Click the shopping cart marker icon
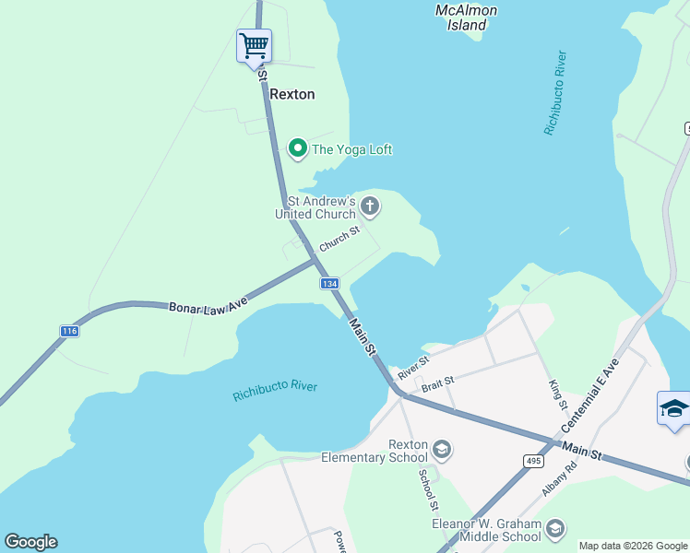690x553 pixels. coord(254,44)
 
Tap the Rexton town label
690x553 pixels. coord(291,94)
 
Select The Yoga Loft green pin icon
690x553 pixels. coord(297,148)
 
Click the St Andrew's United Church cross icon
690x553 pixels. coord(369,206)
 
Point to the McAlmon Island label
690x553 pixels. coord(466,18)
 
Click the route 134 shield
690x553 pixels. coord(330,283)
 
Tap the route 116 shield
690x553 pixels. coord(68,331)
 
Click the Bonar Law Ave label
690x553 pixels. coord(208,303)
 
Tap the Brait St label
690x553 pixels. coord(437,381)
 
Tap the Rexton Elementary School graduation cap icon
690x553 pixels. coord(442,450)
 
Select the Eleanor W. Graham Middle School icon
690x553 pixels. coord(554,529)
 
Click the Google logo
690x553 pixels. coord(30,542)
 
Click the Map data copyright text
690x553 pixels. coord(634,546)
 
